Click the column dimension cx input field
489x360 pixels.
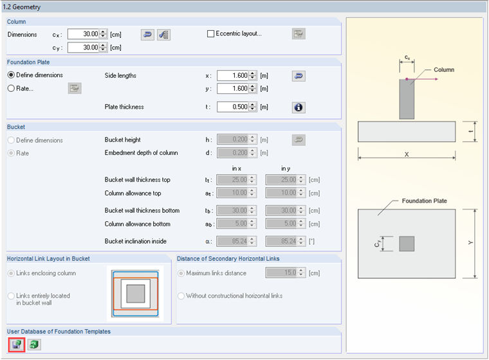pyautogui.click(x=83, y=34)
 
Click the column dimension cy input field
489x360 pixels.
pyautogui.click(x=83, y=48)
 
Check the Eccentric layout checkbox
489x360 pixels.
pyautogui.click(x=211, y=33)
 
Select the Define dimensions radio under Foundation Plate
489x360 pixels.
pyautogui.click(x=11, y=75)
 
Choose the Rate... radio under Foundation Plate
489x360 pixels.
pyautogui.click(x=11, y=89)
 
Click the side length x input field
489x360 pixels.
pyautogui.click(x=233, y=75)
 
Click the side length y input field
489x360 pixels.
pyautogui.click(x=233, y=89)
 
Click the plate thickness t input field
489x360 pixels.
pyautogui.click(x=233, y=107)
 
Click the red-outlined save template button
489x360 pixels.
pyautogui.click(x=17, y=345)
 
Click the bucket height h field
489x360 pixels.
pyautogui.click(x=233, y=139)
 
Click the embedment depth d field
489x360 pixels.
pyautogui.click(x=233, y=153)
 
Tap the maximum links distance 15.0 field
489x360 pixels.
pyautogui.click(x=281, y=273)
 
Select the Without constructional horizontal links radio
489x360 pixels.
pyautogui.click(x=181, y=296)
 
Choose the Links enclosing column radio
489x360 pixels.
pyautogui.click(x=11, y=273)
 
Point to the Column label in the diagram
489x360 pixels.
pyautogui.click(x=444, y=70)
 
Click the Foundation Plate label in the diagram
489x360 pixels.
pyautogui.click(x=424, y=201)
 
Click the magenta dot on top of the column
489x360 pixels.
pyautogui.click(x=407, y=79)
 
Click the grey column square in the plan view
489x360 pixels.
pyautogui.click(x=407, y=244)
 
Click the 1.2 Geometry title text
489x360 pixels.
pyautogui.click(x=22, y=7)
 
